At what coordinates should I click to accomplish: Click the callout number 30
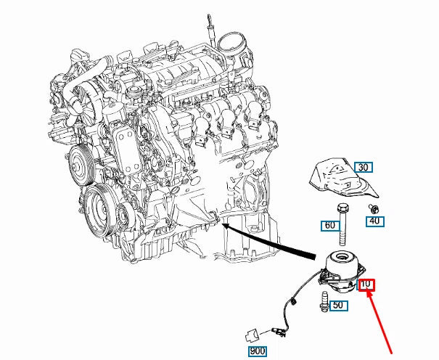point(364,167)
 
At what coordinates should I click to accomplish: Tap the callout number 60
point(330,226)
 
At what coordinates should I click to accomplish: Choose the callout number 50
point(337,306)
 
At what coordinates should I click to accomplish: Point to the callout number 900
point(257,352)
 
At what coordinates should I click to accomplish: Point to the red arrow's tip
point(369,292)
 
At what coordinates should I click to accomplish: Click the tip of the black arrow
point(222,226)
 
